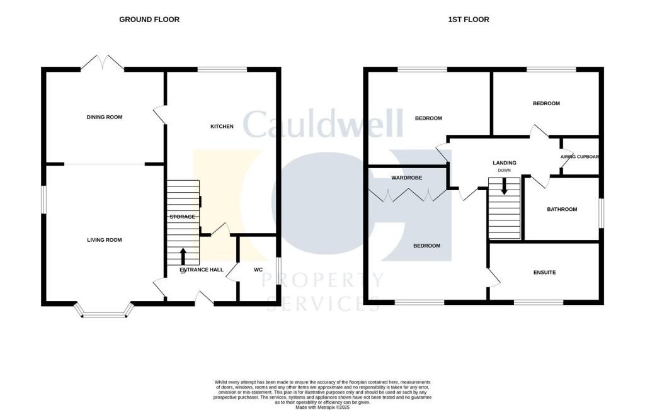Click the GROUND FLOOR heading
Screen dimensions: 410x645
point(149,20)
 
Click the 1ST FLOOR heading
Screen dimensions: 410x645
point(468,20)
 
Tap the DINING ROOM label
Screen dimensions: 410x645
point(105,117)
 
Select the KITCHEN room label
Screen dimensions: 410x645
point(222,127)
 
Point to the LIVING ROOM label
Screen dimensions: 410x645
point(105,240)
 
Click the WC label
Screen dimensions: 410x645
point(258,270)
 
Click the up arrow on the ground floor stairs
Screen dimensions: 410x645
point(183,256)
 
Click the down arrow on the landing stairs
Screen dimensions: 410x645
point(504,186)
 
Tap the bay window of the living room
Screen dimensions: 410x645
point(105,311)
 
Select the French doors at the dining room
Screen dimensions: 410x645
point(102,62)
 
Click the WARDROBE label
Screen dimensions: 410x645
point(406,178)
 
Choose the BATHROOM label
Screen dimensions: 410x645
point(562,210)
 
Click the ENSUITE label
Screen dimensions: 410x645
point(544,273)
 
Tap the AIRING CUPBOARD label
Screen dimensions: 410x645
point(579,157)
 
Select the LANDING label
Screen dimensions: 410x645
point(504,163)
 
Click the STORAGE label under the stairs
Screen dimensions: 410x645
point(182,217)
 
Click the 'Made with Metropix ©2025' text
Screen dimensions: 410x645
point(322,407)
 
